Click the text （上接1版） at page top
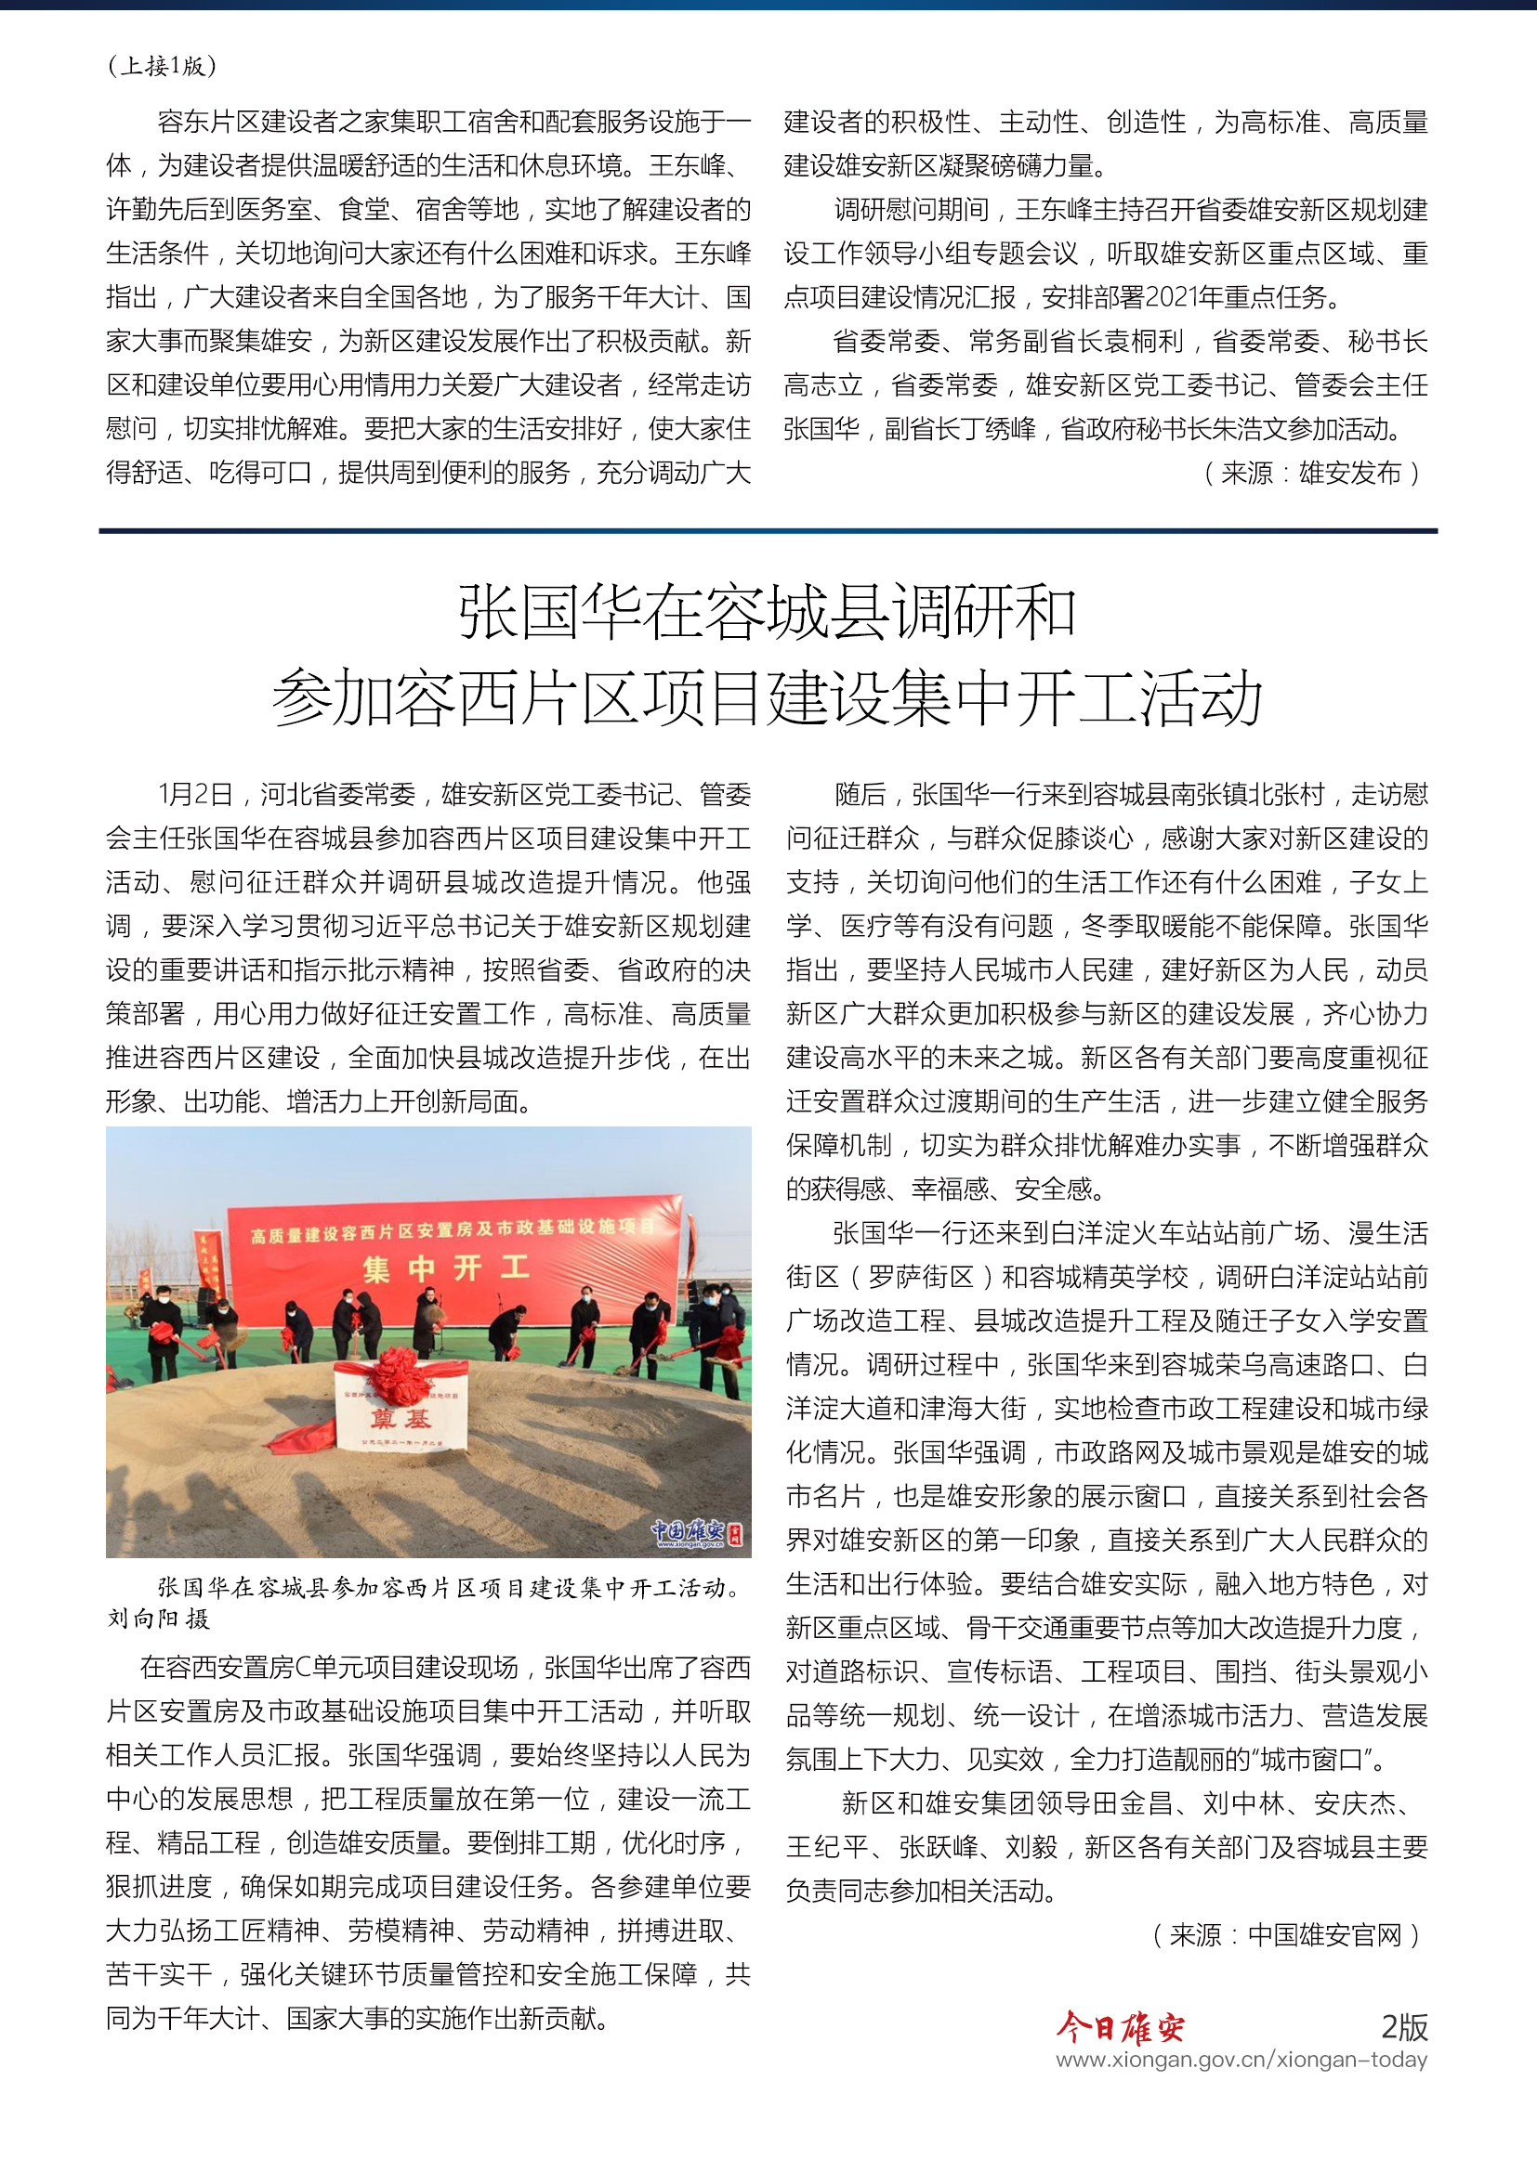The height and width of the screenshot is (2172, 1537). pos(162,66)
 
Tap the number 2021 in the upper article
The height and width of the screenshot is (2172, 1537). pos(1172,298)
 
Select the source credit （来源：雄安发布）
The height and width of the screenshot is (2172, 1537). pos(1311,473)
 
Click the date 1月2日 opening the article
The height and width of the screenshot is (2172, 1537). pos(195,795)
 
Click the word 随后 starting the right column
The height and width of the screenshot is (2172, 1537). pos(860,795)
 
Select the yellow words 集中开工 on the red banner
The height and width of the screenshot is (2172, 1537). pos(446,1268)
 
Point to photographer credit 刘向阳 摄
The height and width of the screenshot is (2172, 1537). pos(158,1619)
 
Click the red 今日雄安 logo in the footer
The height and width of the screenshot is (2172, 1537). pos(1120,2027)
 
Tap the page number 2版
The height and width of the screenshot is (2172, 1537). pos(1403,2027)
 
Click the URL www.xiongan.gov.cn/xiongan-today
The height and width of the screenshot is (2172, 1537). pos(1241,2061)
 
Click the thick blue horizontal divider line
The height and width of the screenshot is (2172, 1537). pos(768,531)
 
